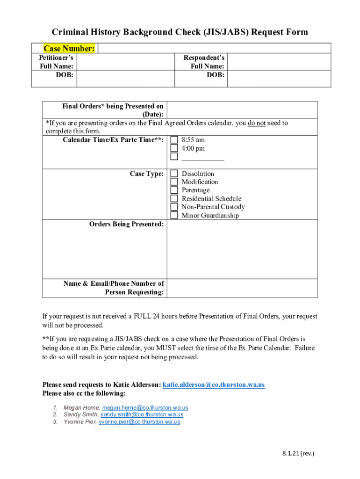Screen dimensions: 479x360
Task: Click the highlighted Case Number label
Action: click(x=69, y=48)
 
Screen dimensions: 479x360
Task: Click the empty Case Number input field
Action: click(x=214, y=48)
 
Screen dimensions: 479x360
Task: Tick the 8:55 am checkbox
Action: click(x=174, y=140)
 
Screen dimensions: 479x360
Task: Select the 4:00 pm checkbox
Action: click(x=174, y=149)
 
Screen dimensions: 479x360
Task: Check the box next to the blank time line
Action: click(x=174, y=157)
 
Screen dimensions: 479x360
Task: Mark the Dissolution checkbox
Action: click(x=174, y=174)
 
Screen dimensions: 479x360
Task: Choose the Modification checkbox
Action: click(x=174, y=182)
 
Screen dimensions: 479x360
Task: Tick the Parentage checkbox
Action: click(x=174, y=190)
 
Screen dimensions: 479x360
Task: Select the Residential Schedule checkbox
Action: click(x=174, y=199)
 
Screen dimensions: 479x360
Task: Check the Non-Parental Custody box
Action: click(x=174, y=207)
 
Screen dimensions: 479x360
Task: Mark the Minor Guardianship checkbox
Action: click(x=174, y=215)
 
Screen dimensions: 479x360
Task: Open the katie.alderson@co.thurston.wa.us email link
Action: click(x=214, y=385)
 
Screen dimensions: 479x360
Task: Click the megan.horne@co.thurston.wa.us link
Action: click(x=145, y=408)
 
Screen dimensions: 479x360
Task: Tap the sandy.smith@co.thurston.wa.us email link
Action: click(x=142, y=414)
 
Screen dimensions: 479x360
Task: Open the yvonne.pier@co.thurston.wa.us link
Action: click(x=139, y=421)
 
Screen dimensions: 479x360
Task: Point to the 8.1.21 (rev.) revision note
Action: click(x=298, y=453)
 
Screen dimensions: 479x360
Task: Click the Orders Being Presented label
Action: click(x=126, y=224)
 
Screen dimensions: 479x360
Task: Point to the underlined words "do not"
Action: click(x=257, y=123)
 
